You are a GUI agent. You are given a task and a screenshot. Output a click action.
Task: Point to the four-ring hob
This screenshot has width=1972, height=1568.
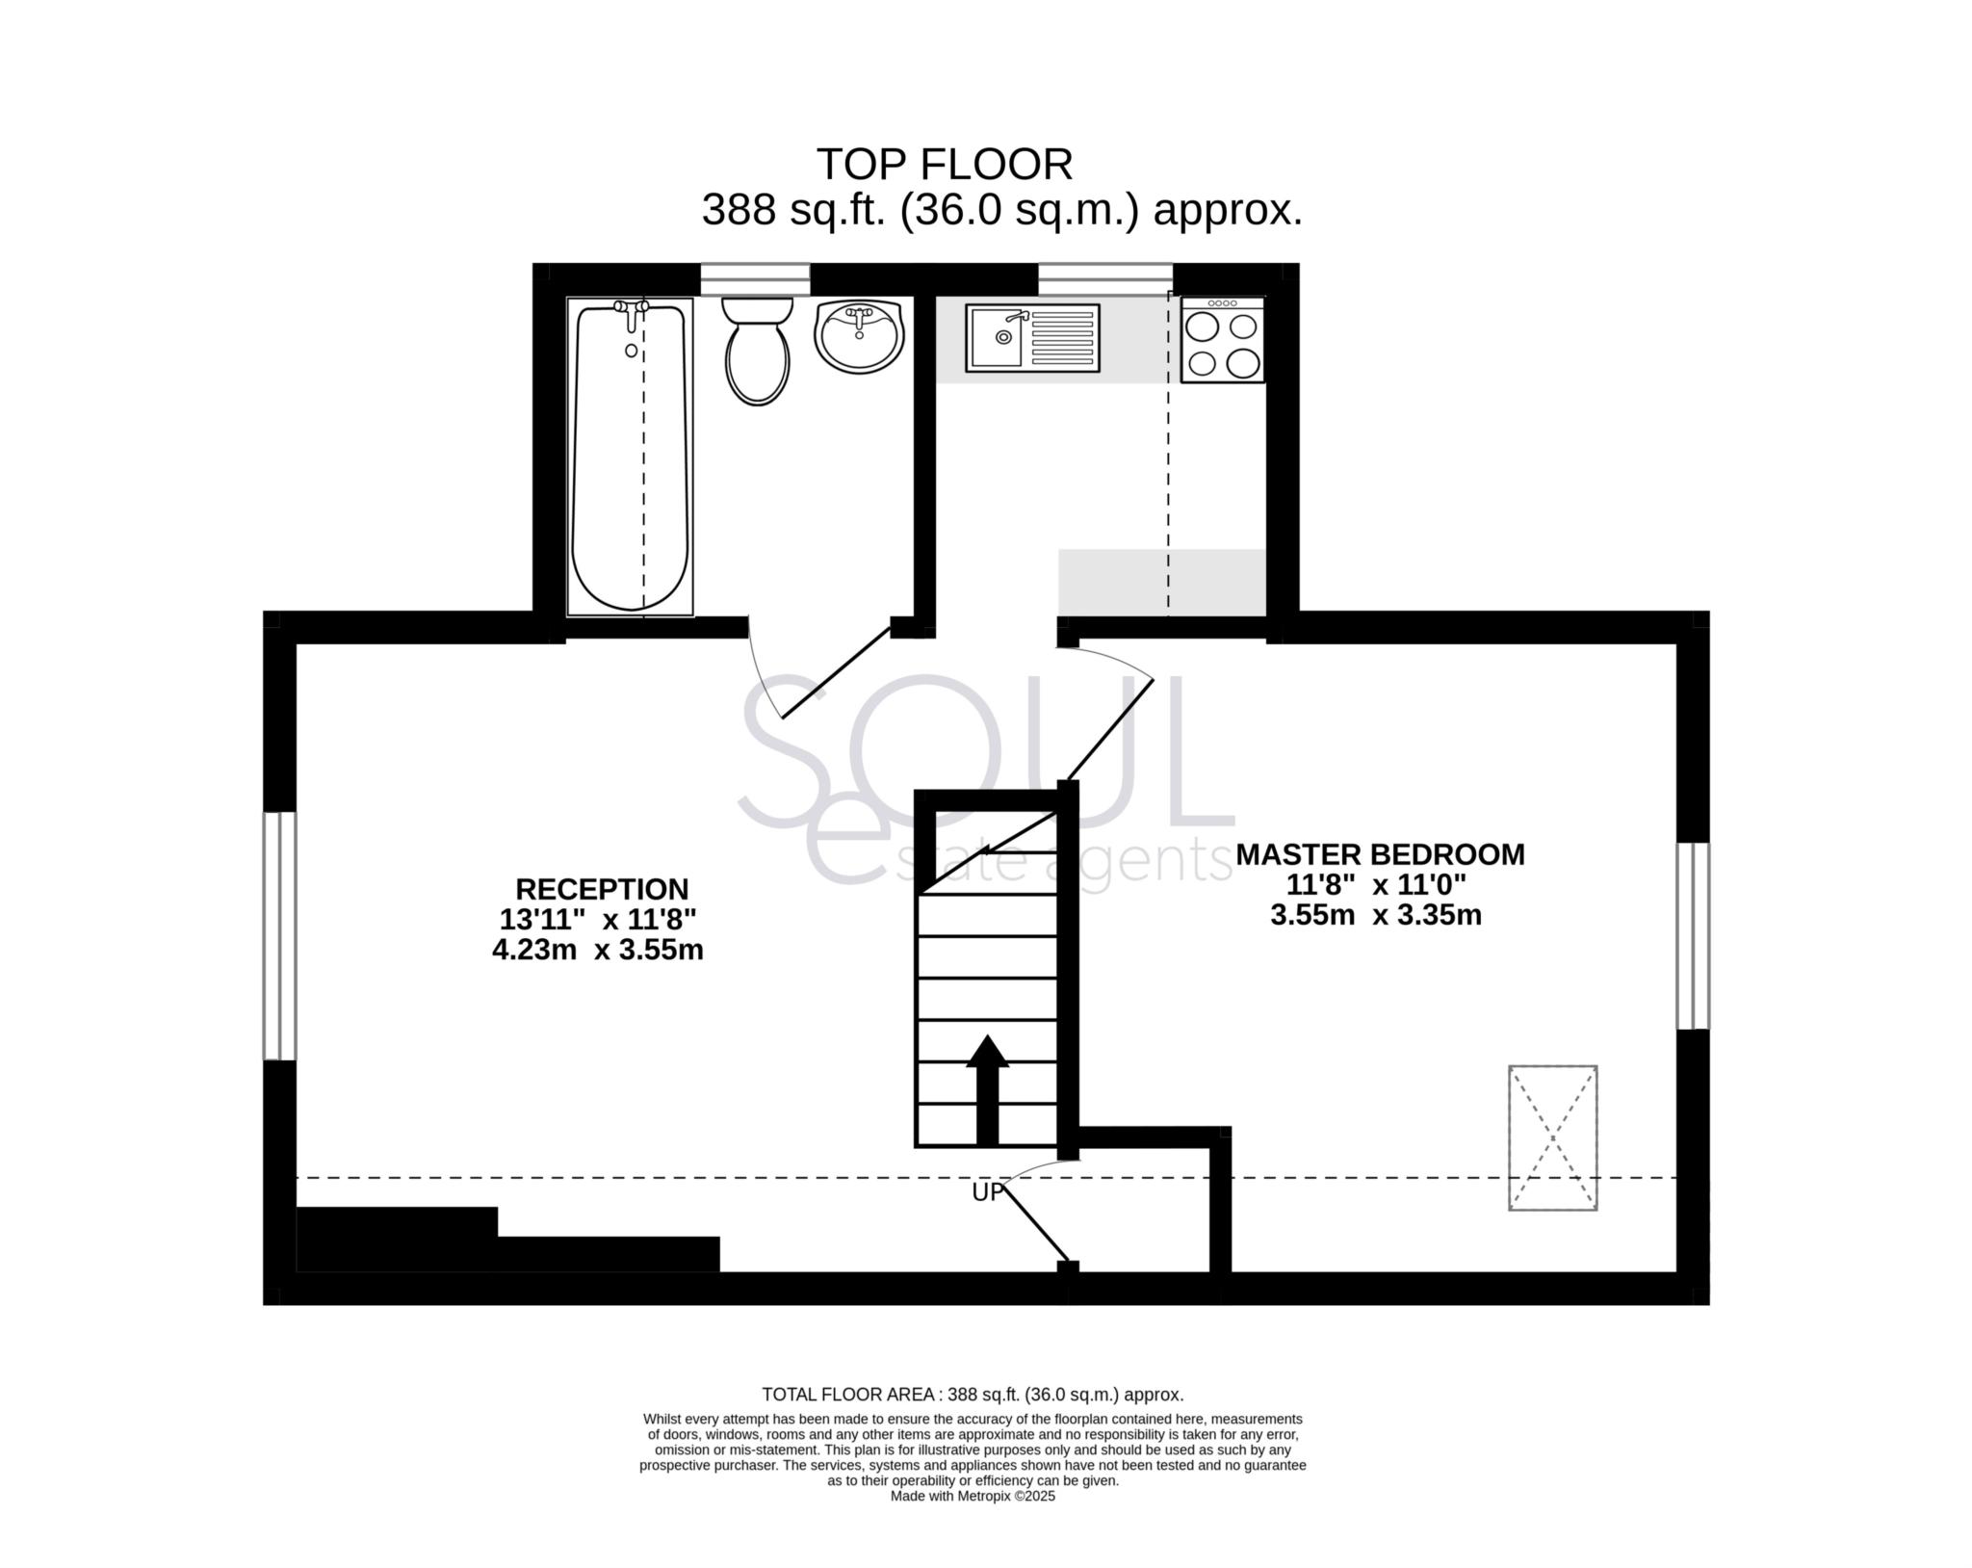[1222, 341]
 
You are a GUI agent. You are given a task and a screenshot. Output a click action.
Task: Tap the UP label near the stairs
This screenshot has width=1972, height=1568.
[987, 1192]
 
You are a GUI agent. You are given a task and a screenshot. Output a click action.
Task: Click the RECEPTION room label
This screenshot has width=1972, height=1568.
[602, 888]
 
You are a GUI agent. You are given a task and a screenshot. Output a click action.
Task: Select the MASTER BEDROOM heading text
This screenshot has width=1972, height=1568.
[1380, 854]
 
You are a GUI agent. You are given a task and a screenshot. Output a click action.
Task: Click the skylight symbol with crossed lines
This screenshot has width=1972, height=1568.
[1552, 1137]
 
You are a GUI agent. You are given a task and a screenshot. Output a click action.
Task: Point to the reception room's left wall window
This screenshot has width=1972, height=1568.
[279, 935]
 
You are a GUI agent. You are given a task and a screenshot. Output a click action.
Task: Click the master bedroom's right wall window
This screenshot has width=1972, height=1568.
[1693, 935]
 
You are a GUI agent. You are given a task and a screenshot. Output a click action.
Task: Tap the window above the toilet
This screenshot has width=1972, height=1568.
[755, 278]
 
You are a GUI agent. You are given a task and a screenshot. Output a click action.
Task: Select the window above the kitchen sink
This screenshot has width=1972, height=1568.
[1104, 278]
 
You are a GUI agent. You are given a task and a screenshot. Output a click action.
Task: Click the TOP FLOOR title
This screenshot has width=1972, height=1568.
[944, 165]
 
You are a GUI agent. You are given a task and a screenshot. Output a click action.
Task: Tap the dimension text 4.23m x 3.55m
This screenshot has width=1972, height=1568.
[597, 951]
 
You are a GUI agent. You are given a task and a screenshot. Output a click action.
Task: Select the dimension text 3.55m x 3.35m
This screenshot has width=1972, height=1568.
[1375, 915]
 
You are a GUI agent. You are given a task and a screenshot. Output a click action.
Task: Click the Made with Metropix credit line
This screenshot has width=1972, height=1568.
[973, 1496]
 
